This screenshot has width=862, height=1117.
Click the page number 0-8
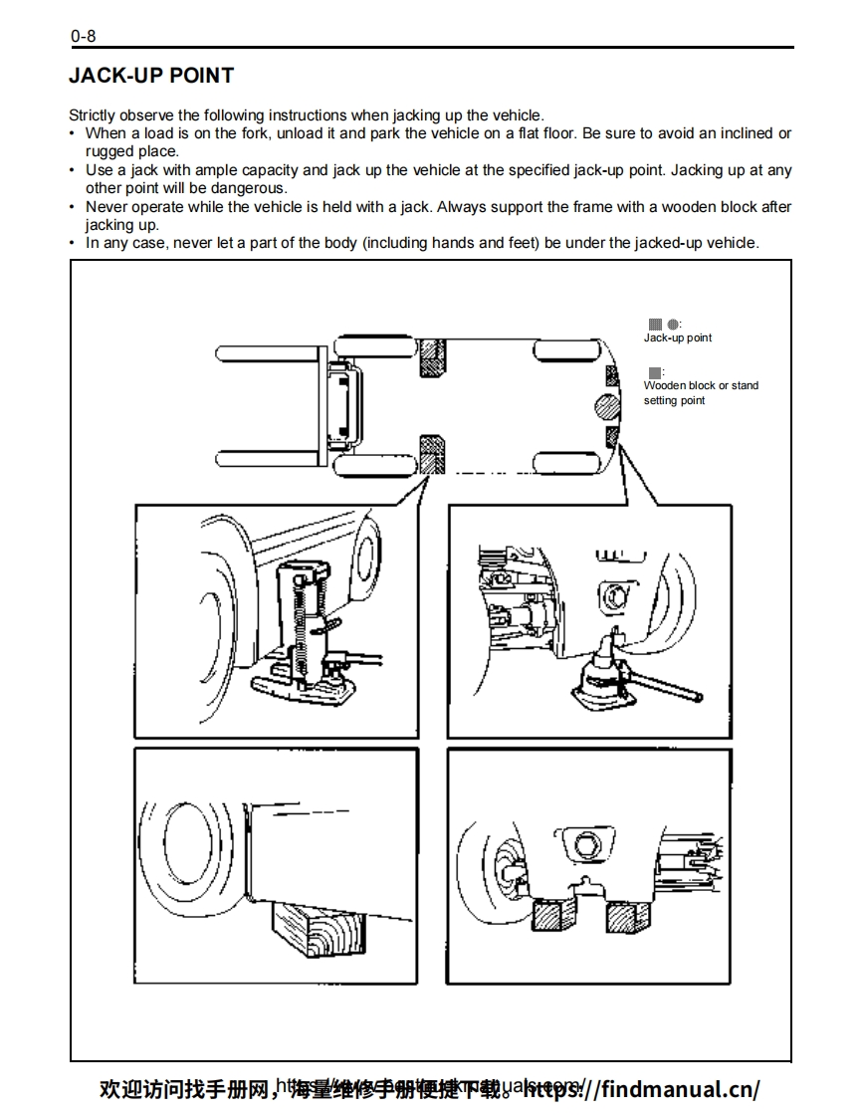pyautogui.click(x=83, y=37)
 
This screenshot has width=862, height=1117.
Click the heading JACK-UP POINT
pyautogui.click(x=151, y=76)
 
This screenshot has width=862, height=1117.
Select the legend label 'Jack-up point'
pyautogui.click(x=677, y=337)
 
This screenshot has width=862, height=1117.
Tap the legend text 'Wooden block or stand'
pyautogui.click(x=701, y=385)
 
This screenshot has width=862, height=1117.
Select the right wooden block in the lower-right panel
pyautogui.click(x=627, y=914)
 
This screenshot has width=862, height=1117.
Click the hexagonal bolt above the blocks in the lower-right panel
pyautogui.click(x=582, y=846)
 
